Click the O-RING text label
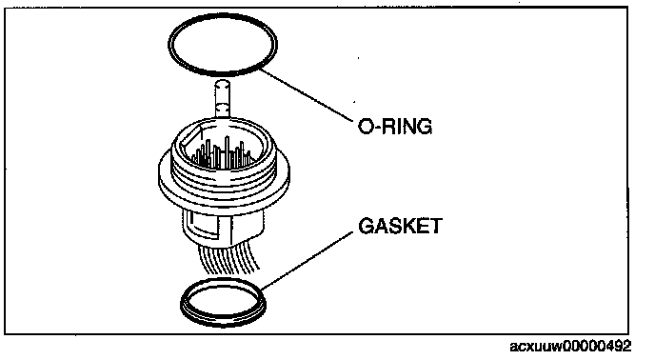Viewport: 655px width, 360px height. pyautogui.click(x=395, y=127)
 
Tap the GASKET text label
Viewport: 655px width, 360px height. pyautogui.click(x=400, y=226)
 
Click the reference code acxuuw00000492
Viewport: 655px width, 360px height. pyautogui.click(x=570, y=347)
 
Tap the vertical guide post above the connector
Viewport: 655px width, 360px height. pyautogui.click(x=222, y=100)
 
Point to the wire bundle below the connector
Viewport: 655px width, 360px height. pyautogui.click(x=228, y=259)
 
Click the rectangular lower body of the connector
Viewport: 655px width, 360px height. pyautogui.click(x=224, y=228)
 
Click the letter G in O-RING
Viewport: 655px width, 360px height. pyautogui.click(x=425, y=127)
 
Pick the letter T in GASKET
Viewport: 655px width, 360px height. pyautogui.click(x=435, y=226)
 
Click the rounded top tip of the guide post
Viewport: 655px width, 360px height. pyautogui.click(x=222, y=82)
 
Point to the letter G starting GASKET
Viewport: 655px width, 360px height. pyautogui.click(x=366, y=226)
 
